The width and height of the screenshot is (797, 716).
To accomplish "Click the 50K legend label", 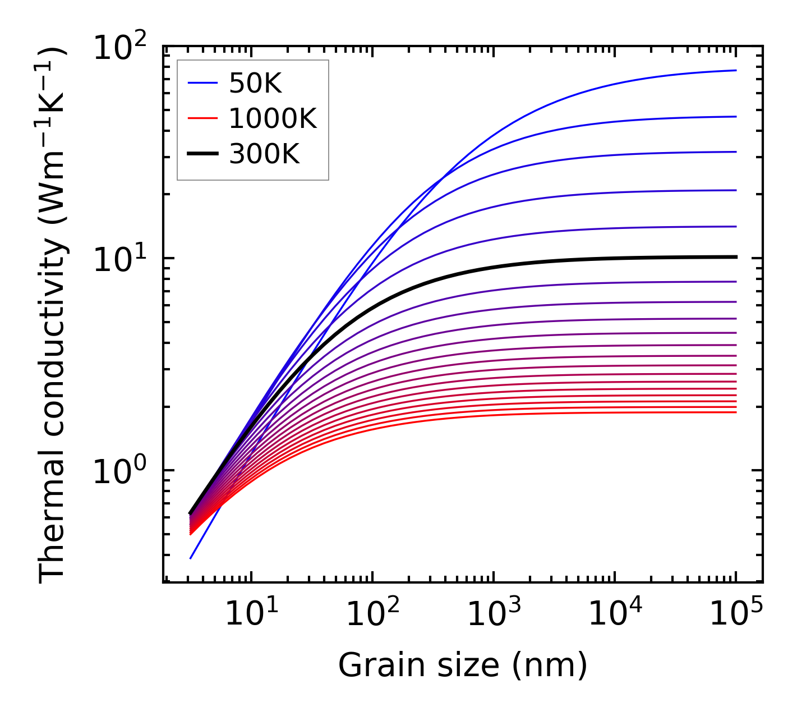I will [x=255, y=84].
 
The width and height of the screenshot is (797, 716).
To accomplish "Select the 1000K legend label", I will [x=273, y=119].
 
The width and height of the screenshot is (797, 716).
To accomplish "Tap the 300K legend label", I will [x=264, y=154].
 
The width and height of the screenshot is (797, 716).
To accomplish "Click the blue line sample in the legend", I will [x=202, y=84].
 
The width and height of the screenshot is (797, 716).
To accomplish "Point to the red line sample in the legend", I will [x=202, y=118].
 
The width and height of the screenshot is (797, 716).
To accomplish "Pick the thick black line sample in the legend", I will [x=202, y=153].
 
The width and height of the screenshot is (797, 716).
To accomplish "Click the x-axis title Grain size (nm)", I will [x=463, y=665].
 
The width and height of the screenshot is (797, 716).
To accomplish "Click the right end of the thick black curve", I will [x=735, y=257].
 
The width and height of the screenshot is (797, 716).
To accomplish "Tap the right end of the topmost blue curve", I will [x=735, y=70].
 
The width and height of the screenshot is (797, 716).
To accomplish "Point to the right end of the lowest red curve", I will [x=735, y=412].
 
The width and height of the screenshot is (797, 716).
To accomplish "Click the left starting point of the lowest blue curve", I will [x=191, y=558].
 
